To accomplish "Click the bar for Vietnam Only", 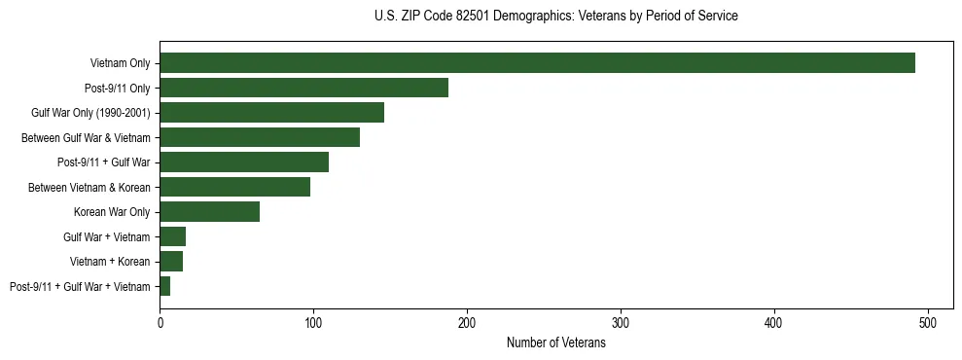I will click(x=537, y=63).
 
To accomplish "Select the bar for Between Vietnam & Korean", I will click(x=234, y=187).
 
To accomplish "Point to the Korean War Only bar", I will click(x=209, y=212).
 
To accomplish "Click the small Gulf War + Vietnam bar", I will click(x=172, y=236).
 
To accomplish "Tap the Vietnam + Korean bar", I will click(x=171, y=262).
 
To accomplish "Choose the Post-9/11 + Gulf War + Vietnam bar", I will click(x=165, y=286).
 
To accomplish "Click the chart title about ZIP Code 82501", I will click(x=555, y=17).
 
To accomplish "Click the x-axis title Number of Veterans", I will click(x=555, y=343).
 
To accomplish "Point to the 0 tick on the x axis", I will click(x=160, y=322).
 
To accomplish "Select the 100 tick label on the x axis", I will click(x=313, y=322).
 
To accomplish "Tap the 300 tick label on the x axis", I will click(x=621, y=322).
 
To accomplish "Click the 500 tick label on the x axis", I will click(x=928, y=322).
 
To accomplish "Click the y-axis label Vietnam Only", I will click(x=120, y=63).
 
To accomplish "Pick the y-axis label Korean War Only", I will click(x=112, y=212).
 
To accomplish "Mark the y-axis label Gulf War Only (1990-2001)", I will click(x=90, y=113).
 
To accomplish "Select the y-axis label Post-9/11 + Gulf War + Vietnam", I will click(x=80, y=286).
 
